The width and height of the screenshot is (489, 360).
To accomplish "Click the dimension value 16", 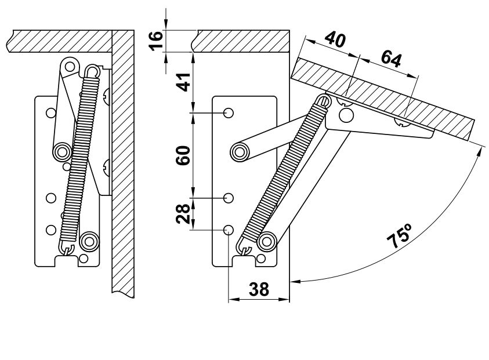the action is coord(156,41).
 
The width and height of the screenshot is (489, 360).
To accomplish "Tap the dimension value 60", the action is coord(183,155).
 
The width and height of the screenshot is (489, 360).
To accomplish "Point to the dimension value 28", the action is coord(183,214).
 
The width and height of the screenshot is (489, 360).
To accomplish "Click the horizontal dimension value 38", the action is coord(259,289).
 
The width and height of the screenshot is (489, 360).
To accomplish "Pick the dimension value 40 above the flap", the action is coord(335,39).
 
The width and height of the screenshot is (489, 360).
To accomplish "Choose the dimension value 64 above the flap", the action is coord(391,59).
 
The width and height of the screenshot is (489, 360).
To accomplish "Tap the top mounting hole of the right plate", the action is coord(229,113).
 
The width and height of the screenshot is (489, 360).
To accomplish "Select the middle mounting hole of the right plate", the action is coord(229,198).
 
